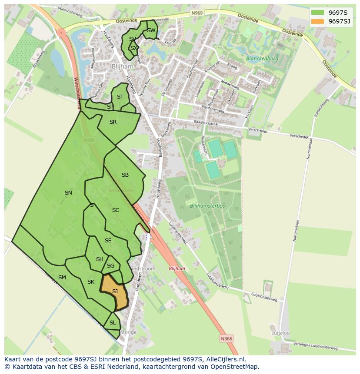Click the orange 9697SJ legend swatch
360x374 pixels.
(x=317, y=21)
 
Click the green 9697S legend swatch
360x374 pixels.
(x=317, y=13)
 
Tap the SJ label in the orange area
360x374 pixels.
(x=115, y=291)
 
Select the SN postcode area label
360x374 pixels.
(x=68, y=193)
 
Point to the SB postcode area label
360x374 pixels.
(x=125, y=175)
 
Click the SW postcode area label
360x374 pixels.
(x=151, y=30)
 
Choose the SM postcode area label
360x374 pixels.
(x=62, y=278)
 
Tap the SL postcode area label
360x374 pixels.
(x=113, y=323)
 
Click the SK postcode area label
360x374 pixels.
(x=90, y=282)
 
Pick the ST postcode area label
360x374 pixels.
(x=120, y=97)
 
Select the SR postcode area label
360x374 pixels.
(x=113, y=122)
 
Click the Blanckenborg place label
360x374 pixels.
(x=262, y=58)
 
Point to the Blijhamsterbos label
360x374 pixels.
(x=207, y=205)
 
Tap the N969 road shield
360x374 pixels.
(x=197, y=13)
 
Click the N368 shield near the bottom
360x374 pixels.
(x=226, y=338)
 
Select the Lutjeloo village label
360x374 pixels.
(x=280, y=333)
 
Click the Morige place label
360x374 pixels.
(x=129, y=332)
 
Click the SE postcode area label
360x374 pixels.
(x=108, y=241)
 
